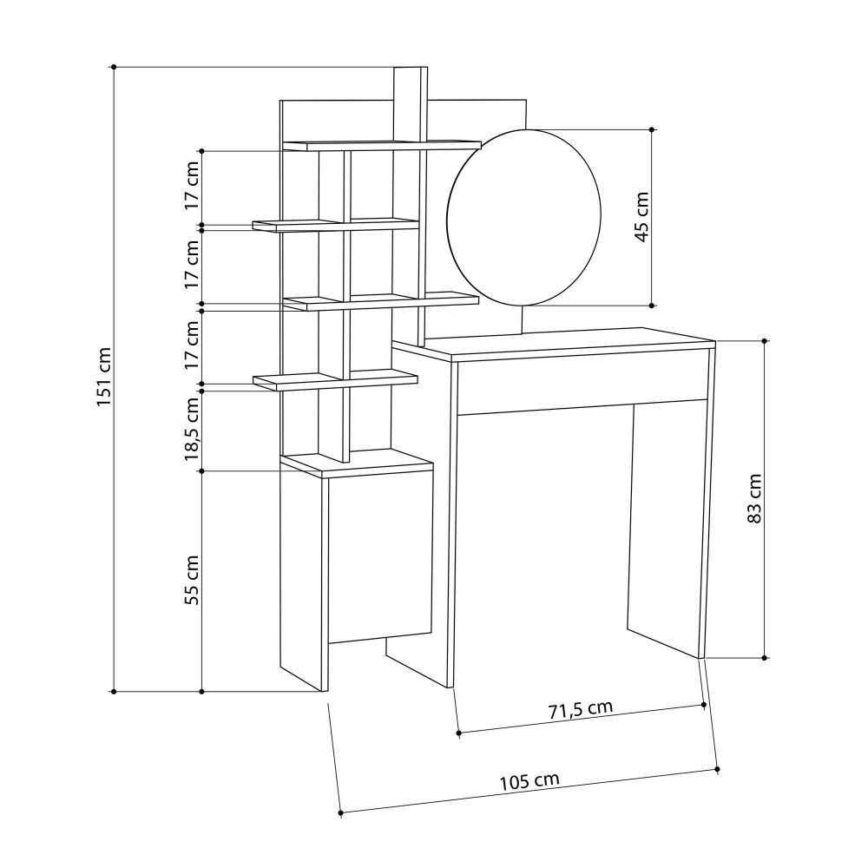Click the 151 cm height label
(x=104, y=377)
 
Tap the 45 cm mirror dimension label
(x=641, y=216)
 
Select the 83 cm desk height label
(x=754, y=498)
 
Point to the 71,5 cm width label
(x=581, y=709)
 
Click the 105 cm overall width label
(x=529, y=781)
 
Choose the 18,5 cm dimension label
(x=192, y=429)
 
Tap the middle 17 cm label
(x=192, y=264)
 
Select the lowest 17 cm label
(x=192, y=345)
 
